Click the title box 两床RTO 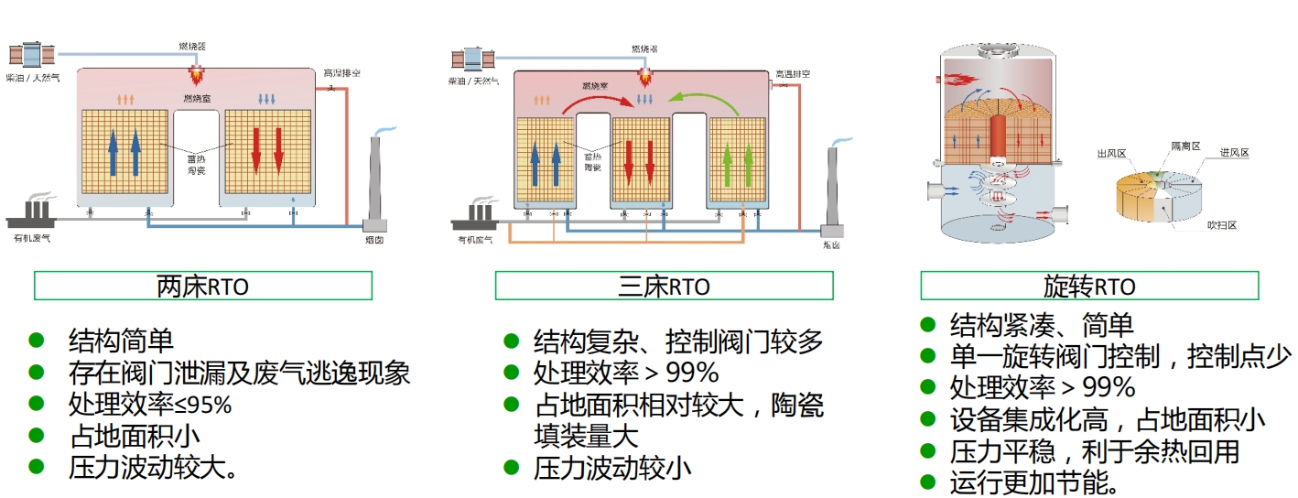[x=202, y=286]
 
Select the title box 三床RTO [x=664, y=286]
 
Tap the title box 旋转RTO [x=1089, y=286]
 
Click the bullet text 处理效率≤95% [x=150, y=404]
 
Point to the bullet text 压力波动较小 [x=611, y=469]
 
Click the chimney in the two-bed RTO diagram [x=375, y=183]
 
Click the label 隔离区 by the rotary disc [x=1185, y=146]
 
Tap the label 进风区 [x=1233, y=153]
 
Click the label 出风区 [x=1109, y=154]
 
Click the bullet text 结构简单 [x=121, y=341]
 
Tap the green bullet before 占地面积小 [x=37, y=434]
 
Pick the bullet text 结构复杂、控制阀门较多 [x=678, y=341]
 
